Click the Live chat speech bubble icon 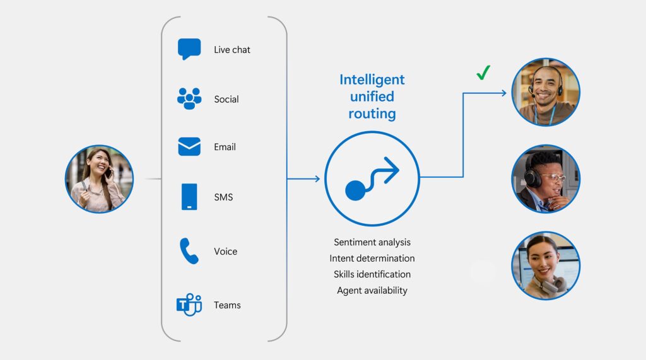pyautogui.click(x=189, y=49)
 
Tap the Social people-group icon pyautogui.click(x=189, y=98)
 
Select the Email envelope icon pyautogui.click(x=189, y=147)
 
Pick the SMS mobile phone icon pyautogui.click(x=189, y=197)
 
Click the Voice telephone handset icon pyautogui.click(x=189, y=250)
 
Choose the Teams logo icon pyautogui.click(x=189, y=305)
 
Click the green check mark pyautogui.click(x=483, y=73)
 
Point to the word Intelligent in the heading pyautogui.click(x=372, y=79)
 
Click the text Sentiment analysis pyautogui.click(x=372, y=242)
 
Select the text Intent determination pyautogui.click(x=372, y=258)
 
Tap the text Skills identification pyautogui.click(x=372, y=274)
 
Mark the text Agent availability pyautogui.click(x=372, y=291)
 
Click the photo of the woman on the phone pyautogui.click(x=99, y=179)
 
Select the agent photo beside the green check pyautogui.click(x=546, y=92)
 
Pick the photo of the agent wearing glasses pyautogui.click(x=546, y=179)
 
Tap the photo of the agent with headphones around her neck pyautogui.click(x=546, y=265)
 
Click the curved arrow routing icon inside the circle pyautogui.click(x=372, y=178)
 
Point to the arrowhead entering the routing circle pyautogui.click(x=317, y=179)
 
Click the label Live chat pyautogui.click(x=232, y=49)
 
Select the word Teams pyautogui.click(x=227, y=305)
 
